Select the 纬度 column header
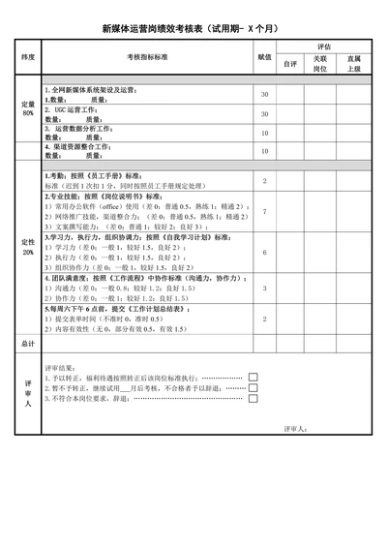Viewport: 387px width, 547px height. [x=28, y=58]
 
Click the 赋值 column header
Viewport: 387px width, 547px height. [x=264, y=58]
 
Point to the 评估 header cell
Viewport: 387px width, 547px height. [x=323, y=46]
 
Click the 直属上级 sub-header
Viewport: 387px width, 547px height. [x=354, y=64]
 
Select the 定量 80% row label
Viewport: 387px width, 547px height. [x=28, y=108]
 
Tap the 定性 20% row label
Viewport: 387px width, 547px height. [x=28, y=246]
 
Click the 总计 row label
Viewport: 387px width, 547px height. [x=28, y=343]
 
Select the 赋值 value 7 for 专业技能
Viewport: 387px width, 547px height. [x=264, y=211]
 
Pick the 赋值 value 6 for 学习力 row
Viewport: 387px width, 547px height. [x=264, y=252]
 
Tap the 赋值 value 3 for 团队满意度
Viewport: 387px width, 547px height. [x=264, y=289]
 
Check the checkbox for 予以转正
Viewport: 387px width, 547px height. [x=253, y=377]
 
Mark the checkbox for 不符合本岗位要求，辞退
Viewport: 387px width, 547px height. [x=253, y=397]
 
